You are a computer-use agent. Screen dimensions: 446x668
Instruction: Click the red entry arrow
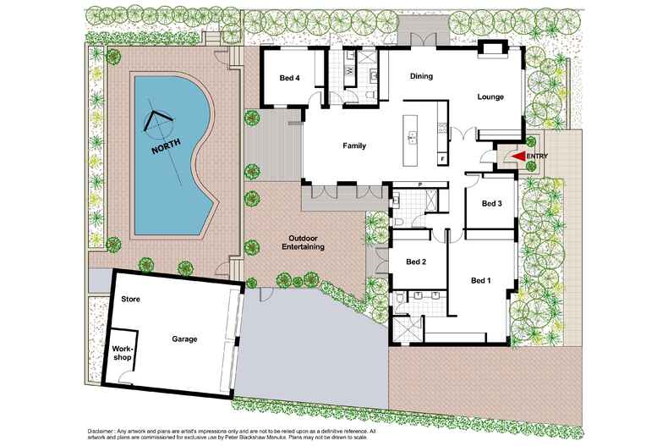pos(517,156)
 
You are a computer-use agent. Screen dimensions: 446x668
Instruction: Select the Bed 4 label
pos(290,79)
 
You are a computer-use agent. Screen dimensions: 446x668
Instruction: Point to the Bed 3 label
pos(492,203)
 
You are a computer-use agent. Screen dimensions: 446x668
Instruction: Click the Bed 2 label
pos(416,262)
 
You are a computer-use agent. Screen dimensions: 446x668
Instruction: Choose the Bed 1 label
pos(481,280)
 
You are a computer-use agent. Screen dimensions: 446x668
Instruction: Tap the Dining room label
pos(421,76)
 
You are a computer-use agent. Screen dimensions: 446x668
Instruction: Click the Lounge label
pos(490,97)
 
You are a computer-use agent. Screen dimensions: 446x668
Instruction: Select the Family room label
pos(354,146)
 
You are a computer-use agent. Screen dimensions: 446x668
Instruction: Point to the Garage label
pos(185,339)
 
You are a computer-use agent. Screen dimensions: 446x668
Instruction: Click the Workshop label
pos(123,353)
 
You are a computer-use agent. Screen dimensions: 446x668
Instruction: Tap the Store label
pos(130,300)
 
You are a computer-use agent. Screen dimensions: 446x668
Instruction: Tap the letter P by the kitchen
pos(420,184)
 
